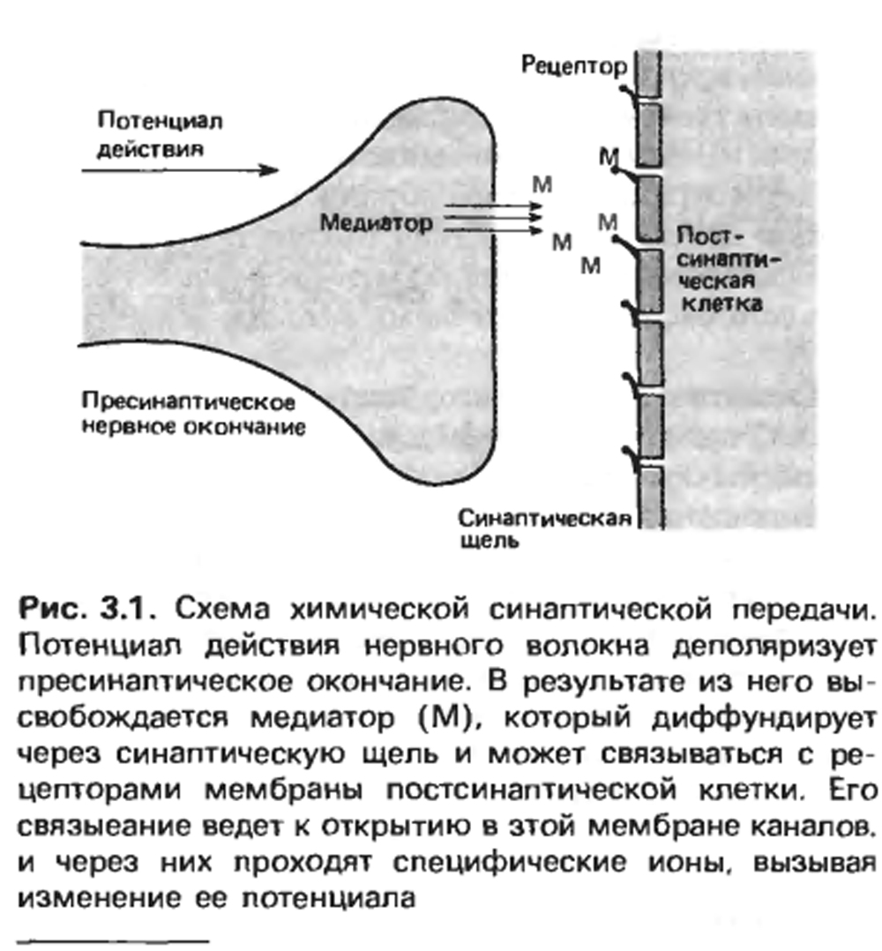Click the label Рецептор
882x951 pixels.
coord(573,66)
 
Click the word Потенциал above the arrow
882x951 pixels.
coord(160,121)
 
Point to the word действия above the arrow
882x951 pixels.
coord(150,149)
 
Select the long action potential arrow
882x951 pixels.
coord(180,169)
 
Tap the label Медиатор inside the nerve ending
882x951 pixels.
coord(377,223)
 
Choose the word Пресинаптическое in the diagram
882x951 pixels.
coord(189,402)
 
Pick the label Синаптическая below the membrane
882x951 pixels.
coord(544,519)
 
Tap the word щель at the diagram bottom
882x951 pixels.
coord(490,541)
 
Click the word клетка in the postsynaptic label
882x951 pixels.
coord(722,303)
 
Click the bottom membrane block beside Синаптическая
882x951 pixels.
coord(650,498)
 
